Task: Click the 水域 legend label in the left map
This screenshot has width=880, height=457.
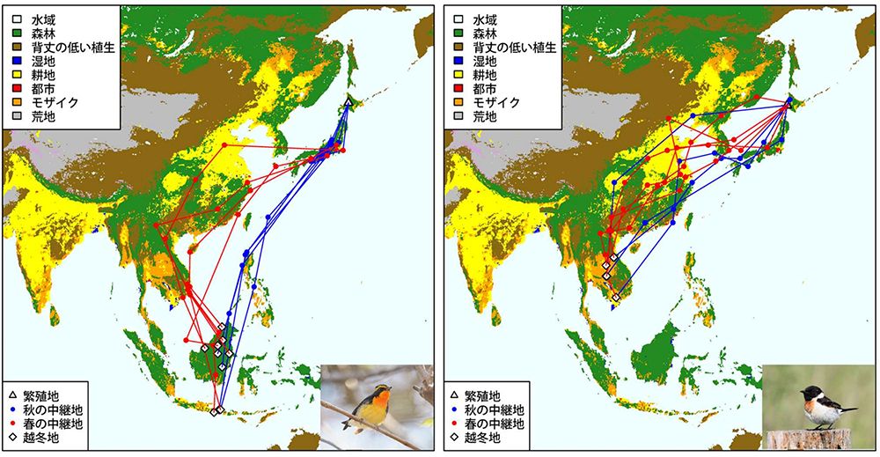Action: tap(43, 18)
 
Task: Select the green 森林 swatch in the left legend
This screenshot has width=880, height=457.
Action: tap(15, 33)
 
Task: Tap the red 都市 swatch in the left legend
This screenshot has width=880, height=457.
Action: tap(15, 88)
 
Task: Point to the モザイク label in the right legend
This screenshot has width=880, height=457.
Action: tap(497, 102)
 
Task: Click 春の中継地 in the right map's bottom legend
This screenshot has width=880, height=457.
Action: tap(497, 424)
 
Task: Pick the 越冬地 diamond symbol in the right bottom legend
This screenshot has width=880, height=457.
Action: tap(456, 438)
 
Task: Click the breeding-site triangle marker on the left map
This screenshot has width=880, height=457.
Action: tap(348, 103)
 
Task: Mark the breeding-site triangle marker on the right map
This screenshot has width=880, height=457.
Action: tap(788, 103)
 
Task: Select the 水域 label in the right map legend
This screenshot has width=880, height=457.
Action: tap(484, 18)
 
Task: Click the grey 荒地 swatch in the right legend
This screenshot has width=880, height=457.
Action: tap(456, 116)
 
